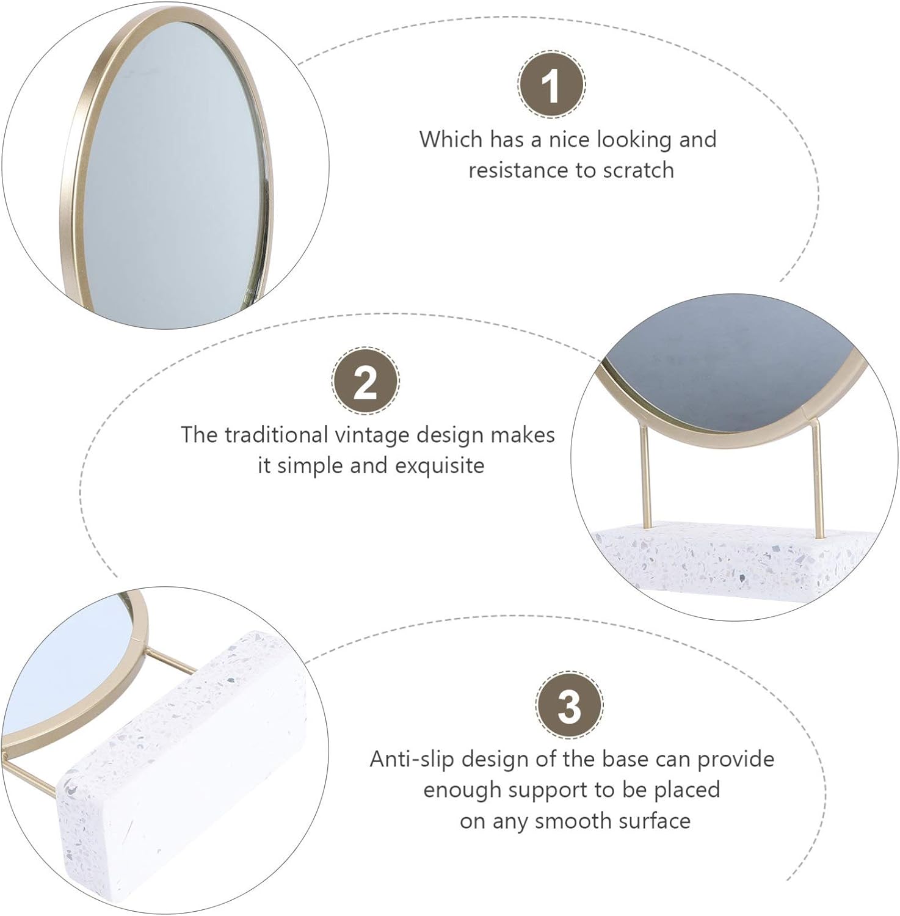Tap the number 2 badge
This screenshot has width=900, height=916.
pyautogui.click(x=365, y=381)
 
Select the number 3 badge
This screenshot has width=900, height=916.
pyautogui.click(x=569, y=705)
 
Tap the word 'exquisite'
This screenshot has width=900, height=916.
pyautogui.click(x=439, y=466)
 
